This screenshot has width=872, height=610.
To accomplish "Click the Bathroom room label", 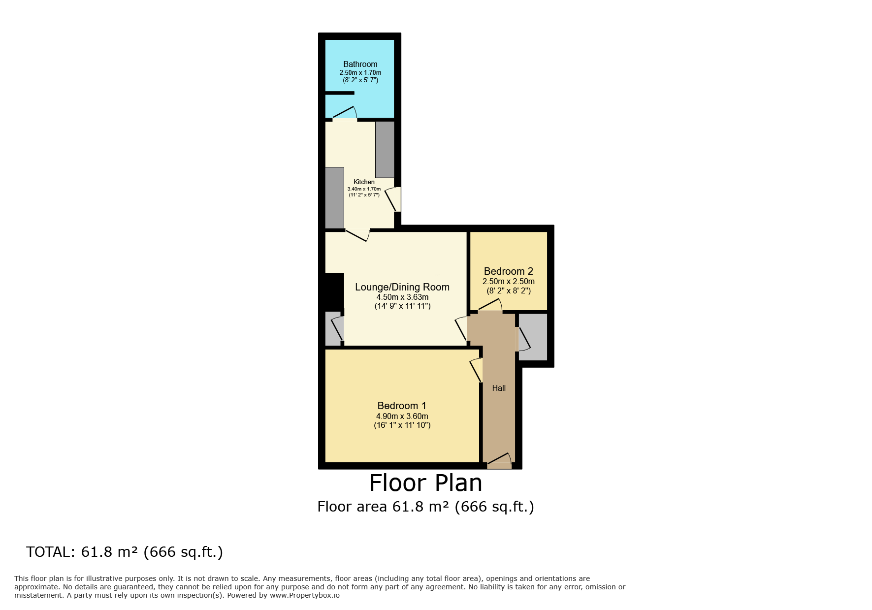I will pyautogui.click(x=360, y=64).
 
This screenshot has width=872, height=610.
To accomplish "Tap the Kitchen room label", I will pyautogui.click(x=364, y=182).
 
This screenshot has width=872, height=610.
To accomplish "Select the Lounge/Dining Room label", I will pyautogui.click(x=402, y=287).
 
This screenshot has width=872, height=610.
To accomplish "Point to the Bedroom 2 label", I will pyautogui.click(x=508, y=271).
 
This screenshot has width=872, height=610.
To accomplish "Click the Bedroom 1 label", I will pyautogui.click(x=402, y=406).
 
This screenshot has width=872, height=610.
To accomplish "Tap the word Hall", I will pyautogui.click(x=499, y=388).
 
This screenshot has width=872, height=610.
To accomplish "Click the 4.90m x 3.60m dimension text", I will pyautogui.click(x=402, y=417).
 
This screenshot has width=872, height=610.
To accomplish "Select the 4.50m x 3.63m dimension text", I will pyautogui.click(x=402, y=297).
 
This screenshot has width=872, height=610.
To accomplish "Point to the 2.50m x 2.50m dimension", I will pyautogui.click(x=508, y=282).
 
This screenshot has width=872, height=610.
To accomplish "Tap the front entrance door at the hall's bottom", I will pyautogui.click(x=500, y=460).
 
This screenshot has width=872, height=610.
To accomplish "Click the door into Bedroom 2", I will pyautogui.click(x=490, y=306).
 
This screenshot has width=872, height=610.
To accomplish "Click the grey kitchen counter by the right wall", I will pyautogui.click(x=385, y=149).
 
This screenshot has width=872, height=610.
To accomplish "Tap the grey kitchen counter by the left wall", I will pyautogui.click(x=334, y=197).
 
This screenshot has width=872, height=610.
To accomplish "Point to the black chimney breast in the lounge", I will pyautogui.click(x=334, y=291).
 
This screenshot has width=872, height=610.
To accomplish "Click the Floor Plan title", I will pyautogui.click(x=425, y=483).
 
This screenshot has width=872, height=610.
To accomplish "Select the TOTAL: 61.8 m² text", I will pyautogui.click(x=125, y=552).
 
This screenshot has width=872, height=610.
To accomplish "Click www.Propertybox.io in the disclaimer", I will pyautogui.click(x=304, y=595).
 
